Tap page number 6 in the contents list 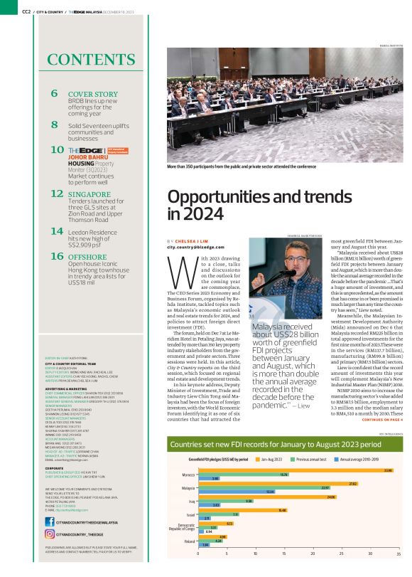55,94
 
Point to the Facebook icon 50,523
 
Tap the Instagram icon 50,534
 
